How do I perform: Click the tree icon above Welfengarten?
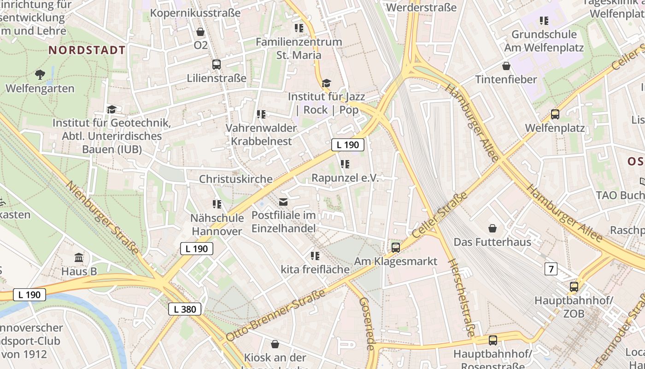click(40, 74)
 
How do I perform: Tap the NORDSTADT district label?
click(87, 50)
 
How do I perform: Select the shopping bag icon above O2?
click(200, 32)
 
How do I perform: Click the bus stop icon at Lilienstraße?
click(216, 65)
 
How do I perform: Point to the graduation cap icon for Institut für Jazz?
click(326, 83)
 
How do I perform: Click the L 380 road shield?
click(185, 309)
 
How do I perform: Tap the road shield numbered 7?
click(551, 268)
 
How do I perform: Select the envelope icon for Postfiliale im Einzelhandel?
click(283, 202)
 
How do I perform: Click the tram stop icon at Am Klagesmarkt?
click(395, 248)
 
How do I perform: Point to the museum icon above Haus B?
click(79, 257)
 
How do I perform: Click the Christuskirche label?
click(235, 179)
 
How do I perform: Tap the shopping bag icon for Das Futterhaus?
click(493, 228)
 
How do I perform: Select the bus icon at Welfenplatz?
click(555, 114)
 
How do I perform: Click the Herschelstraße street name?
click(461, 298)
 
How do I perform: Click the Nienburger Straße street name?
click(102, 218)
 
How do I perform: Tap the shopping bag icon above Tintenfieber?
click(506, 66)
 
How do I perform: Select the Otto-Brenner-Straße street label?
click(275, 315)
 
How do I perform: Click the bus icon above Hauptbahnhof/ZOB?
click(574, 287)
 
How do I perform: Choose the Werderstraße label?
click(421, 8)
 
